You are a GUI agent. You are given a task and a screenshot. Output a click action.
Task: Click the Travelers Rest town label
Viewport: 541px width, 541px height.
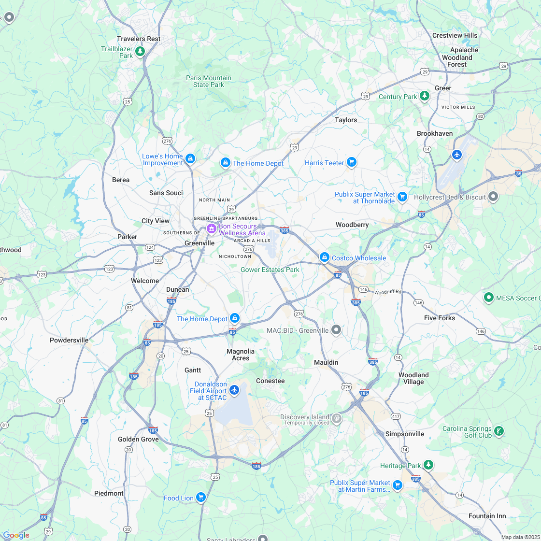point(139,39)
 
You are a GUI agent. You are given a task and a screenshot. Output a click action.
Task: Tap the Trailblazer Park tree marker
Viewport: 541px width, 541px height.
point(140,51)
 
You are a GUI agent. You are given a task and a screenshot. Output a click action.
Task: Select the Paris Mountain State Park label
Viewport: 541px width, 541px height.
point(209,81)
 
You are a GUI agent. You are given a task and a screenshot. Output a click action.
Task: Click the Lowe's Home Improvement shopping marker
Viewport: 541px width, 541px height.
point(190,158)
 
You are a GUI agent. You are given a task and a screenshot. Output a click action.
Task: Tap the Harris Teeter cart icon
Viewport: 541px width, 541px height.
point(352,162)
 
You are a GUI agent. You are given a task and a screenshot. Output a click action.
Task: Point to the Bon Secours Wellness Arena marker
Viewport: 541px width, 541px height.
point(211,228)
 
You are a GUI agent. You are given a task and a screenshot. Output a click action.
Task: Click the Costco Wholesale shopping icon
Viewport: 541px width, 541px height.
point(325,257)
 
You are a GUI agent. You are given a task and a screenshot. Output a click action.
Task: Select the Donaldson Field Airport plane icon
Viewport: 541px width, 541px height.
point(234,389)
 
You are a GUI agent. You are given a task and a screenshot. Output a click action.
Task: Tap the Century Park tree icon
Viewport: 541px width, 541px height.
point(425,96)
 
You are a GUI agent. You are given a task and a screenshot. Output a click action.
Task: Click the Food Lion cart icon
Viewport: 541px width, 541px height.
point(200,497)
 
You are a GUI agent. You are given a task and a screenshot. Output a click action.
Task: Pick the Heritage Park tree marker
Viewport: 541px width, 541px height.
point(428,465)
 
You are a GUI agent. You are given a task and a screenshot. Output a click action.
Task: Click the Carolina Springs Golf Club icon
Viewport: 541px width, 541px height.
point(499,430)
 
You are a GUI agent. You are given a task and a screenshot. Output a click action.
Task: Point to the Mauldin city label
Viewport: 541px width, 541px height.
point(326,362)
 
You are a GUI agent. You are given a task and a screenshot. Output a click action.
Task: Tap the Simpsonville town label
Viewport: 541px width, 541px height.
point(405,434)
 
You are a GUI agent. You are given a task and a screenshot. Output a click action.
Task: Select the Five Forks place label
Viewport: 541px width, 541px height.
point(440,318)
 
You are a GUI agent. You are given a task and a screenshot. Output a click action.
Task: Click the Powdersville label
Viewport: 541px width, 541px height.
point(69,340)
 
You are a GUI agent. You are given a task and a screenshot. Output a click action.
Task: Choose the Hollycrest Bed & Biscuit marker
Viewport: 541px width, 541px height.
point(493,197)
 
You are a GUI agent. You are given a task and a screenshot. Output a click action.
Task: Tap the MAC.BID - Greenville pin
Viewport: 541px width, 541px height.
point(336,330)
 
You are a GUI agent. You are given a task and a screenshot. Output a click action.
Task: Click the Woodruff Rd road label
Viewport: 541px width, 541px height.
point(388,292)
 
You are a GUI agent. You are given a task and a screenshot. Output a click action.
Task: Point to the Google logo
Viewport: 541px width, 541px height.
point(16,535)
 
